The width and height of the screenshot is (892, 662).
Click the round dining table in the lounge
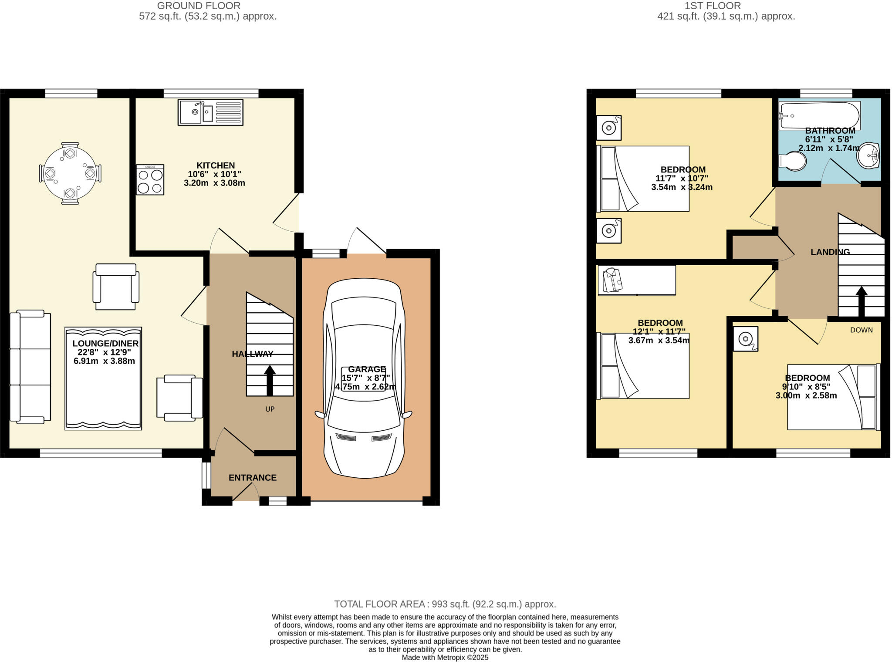pyautogui.click(x=70, y=173)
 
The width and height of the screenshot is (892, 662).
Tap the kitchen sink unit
pyautogui.click(x=210, y=112)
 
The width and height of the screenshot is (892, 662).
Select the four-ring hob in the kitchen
pyautogui.click(x=150, y=179)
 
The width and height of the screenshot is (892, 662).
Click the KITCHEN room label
pyautogui.click(x=216, y=165)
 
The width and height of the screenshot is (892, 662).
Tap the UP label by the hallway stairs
pyautogui.click(x=270, y=409)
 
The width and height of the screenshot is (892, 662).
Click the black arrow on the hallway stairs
pyautogui.click(x=270, y=380)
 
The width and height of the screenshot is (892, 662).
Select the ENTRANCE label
pyautogui.click(x=253, y=478)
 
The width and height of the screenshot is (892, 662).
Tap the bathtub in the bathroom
pyautogui.click(x=819, y=115)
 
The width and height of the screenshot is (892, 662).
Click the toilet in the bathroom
pyautogui.click(x=793, y=161)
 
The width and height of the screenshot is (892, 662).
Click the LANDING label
pyautogui.click(x=830, y=252)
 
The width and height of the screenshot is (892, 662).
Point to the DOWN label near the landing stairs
pyautogui.click(x=861, y=330)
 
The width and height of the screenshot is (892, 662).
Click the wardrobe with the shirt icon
pyautogui.click(x=636, y=280)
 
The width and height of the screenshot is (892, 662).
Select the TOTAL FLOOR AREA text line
pyautogui.click(x=445, y=604)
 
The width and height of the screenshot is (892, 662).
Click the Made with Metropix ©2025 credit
pyautogui.click(x=445, y=658)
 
